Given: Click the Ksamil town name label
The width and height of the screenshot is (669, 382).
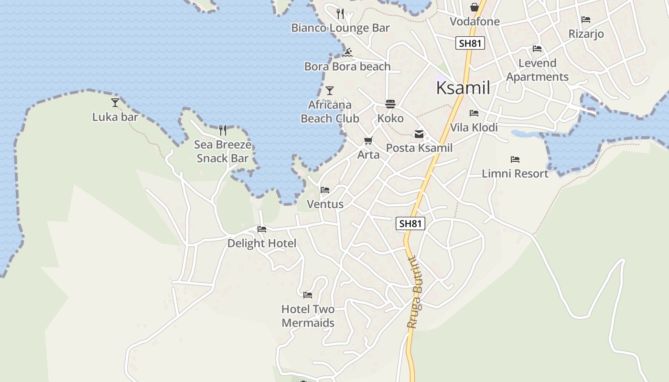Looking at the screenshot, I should click(x=463, y=88).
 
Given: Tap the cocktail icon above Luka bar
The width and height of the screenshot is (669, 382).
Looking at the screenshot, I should click(x=115, y=102).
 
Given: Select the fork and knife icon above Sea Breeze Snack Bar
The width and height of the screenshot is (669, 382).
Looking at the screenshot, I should click(x=223, y=130).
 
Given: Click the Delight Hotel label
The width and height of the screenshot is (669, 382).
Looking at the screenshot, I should click(x=261, y=243).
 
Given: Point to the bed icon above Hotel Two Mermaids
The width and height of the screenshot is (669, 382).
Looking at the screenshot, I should click(x=308, y=295).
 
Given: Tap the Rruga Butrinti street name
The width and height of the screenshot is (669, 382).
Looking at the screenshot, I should click(x=416, y=292).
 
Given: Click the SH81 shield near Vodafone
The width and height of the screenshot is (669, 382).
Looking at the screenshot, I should click(x=470, y=43).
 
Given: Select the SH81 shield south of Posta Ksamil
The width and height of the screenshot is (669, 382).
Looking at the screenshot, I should click(x=410, y=223).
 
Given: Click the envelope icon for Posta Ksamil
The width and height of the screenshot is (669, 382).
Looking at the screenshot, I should click(x=419, y=134).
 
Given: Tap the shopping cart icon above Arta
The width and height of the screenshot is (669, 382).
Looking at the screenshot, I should click(x=368, y=141).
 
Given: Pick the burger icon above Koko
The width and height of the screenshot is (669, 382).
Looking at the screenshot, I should click(x=390, y=104).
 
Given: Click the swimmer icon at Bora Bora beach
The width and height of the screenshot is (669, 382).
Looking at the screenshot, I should click(x=347, y=53).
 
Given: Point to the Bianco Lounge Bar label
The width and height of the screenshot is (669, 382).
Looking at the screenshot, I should click(x=341, y=28).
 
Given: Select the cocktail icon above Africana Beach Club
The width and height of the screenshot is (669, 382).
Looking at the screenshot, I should click(x=330, y=90).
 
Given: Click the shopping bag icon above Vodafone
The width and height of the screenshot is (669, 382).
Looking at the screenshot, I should click(x=475, y=7).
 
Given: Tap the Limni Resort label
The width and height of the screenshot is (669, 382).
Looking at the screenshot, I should click(x=515, y=173).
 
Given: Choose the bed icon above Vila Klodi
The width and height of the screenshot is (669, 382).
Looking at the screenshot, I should click(x=474, y=113).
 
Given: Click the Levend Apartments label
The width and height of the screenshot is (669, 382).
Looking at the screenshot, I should click(x=538, y=70).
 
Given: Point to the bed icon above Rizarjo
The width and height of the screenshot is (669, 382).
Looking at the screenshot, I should click(x=586, y=20).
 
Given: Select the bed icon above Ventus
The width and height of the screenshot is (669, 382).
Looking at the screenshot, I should click(x=325, y=190).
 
